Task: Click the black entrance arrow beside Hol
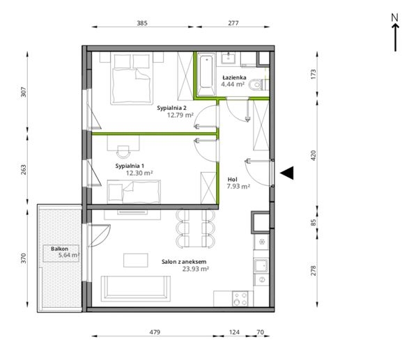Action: pyautogui.click(x=288, y=173)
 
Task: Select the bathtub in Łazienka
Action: pyautogui.click(x=206, y=74)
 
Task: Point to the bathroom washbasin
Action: pyautogui.click(x=229, y=58)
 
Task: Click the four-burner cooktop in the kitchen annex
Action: pyautogui.click(x=240, y=299)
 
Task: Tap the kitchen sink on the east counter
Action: pyautogui.click(x=261, y=266)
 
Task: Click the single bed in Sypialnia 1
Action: pyautogui.click(x=134, y=191)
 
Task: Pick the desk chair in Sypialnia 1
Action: pyautogui.click(x=123, y=152)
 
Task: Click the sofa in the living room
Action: pyautogui.click(x=136, y=288)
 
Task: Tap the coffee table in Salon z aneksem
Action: pyautogui.click(x=136, y=260)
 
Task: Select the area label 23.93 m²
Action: pyautogui.click(x=195, y=269)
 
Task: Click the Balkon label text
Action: pyautogui.click(x=59, y=249)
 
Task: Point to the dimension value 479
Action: pyautogui.click(x=155, y=332)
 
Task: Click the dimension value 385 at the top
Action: pyautogui.click(x=142, y=23)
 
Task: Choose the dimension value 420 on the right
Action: pyautogui.click(x=313, y=155)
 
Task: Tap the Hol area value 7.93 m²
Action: pyautogui.click(x=238, y=186)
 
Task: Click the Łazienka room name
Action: pyautogui.click(x=235, y=77)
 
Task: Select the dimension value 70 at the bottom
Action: pyautogui.click(x=260, y=332)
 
